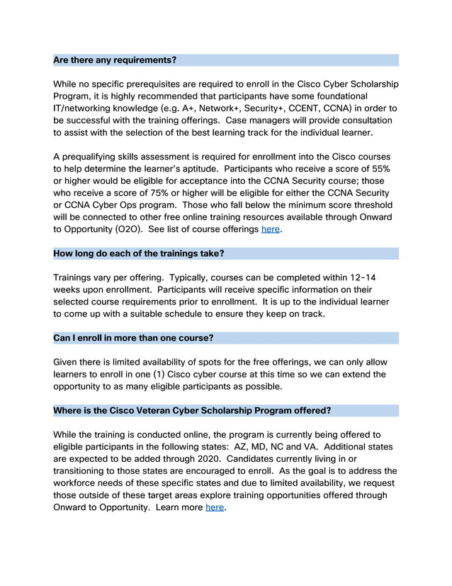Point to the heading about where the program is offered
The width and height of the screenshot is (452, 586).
click(x=192, y=411)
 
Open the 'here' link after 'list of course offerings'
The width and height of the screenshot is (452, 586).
click(x=271, y=229)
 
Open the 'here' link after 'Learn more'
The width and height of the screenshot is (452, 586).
click(x=215, y=507)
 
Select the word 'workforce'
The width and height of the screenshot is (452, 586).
click(x=79, y=483)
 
